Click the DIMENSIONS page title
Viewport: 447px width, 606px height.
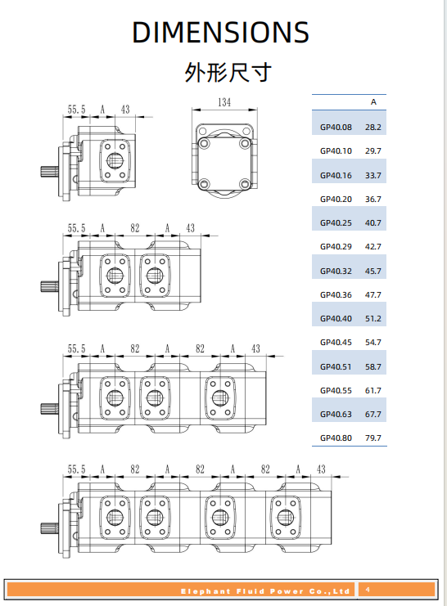pos(220,32)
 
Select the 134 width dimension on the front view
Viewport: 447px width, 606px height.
pos(223,103)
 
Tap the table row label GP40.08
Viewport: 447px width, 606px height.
pos(336,128)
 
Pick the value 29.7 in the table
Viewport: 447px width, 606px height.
pos(373,151)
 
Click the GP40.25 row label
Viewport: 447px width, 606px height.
pos(336,223)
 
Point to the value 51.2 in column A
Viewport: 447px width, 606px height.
pos(373,319)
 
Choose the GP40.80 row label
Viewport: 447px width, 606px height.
pos(336,438)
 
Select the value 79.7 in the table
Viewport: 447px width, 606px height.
pos(373,438)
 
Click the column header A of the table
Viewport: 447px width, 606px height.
pos(373,102)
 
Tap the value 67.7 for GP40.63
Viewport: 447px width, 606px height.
pos(373,415)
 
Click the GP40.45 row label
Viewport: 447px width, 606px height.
pos(336,343)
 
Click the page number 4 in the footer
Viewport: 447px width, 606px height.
pos(368,590)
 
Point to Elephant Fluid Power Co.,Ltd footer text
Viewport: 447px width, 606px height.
pos(265,590)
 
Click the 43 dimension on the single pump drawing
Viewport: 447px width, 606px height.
pos(125,109)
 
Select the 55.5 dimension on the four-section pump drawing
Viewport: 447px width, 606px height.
pos(76,469)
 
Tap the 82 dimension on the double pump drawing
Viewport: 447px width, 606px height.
pos(134,228)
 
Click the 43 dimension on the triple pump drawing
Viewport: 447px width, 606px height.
pos(255,348)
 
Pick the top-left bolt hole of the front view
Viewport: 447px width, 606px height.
pos(203,144)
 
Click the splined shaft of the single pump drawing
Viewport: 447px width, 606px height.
pos(48,172)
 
